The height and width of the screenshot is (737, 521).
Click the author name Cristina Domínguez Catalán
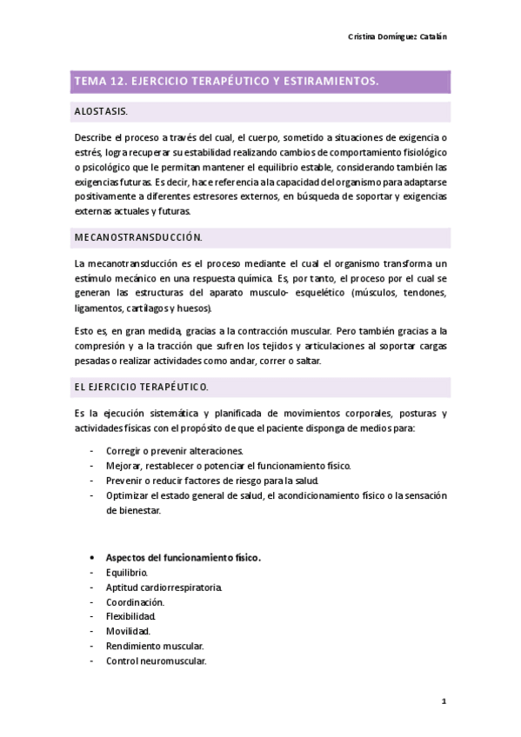click(397, 37)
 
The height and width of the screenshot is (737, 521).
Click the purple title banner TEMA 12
click(260, 82)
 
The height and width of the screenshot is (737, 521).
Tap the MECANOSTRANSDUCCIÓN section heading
click(138, 236)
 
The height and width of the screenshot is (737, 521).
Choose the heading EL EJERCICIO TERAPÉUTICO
click(142, 385)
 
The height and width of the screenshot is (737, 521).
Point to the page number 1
click(444, 700)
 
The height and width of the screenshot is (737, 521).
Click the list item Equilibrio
click(127, 573)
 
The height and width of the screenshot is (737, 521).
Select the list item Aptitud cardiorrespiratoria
click(164, 588)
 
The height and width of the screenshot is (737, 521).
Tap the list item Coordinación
click(135, 602)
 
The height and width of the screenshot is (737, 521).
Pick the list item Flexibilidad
click(131, 617)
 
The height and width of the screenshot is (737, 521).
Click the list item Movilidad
click(128, 632)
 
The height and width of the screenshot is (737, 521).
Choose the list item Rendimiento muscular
click(155, 647)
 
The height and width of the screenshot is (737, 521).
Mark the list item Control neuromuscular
click(156, 661)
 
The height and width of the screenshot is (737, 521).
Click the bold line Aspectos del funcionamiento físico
click(184, 558)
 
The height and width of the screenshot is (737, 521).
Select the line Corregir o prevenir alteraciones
click(175, 451)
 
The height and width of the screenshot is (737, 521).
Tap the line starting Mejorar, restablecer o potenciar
click(228, 466)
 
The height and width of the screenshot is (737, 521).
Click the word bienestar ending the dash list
click(133, 510)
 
